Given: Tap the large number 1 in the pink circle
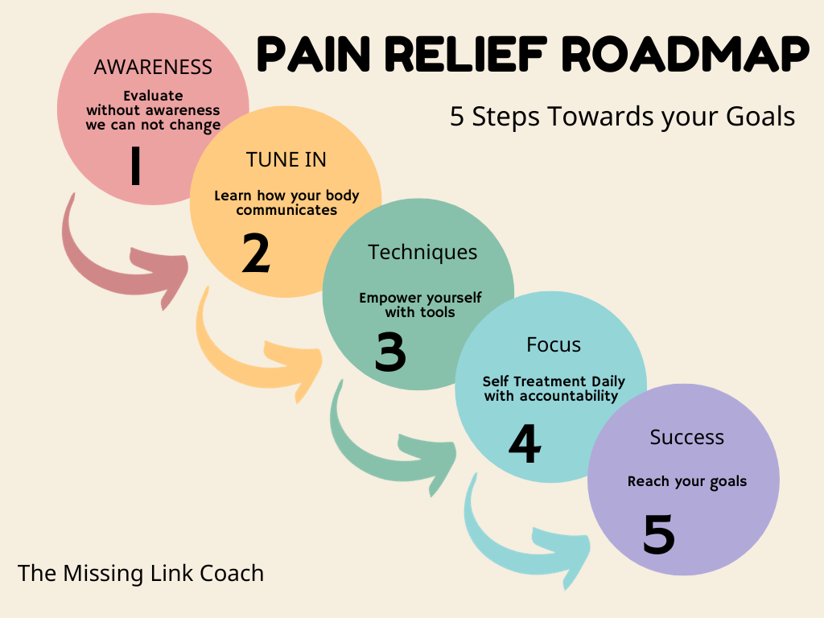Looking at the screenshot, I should [136, 165].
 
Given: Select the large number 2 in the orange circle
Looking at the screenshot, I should [256, 253].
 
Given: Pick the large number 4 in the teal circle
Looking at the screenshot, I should [525, 443].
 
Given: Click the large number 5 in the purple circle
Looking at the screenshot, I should [658, 534].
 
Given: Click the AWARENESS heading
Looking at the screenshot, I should [153, 67].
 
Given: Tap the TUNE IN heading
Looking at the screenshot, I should [286, 159].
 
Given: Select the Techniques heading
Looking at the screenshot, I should [422, 252].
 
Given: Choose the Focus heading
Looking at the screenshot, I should [554, 344].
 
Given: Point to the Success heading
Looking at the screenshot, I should [687, 437].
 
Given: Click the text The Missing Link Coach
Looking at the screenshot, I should [141, 573].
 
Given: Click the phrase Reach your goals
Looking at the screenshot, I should [687, 482].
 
